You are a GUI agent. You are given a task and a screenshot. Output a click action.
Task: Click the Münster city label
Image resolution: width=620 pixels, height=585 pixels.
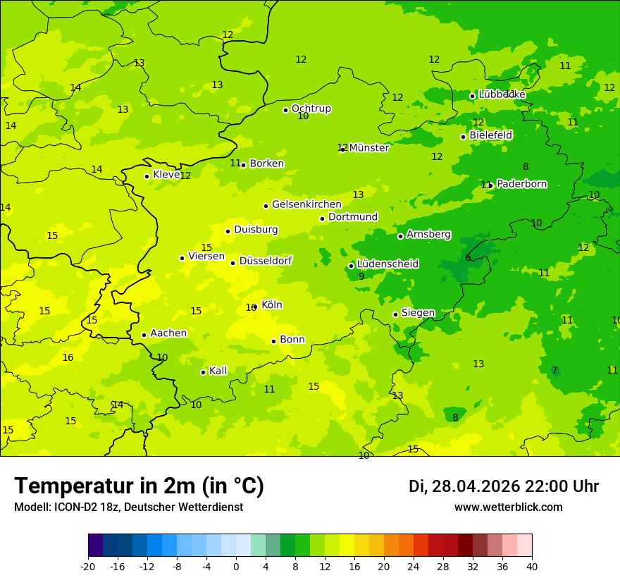tap(368, 148)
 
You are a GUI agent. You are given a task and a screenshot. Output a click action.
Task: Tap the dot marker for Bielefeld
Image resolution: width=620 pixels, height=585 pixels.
tap(463, 137)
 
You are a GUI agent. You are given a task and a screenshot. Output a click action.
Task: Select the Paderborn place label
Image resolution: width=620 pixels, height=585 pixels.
tap(521, 184)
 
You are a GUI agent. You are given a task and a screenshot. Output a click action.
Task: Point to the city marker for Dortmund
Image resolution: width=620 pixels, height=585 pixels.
tap(322, 218)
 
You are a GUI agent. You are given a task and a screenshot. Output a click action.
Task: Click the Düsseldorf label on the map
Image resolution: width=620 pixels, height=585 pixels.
tap(266, 261)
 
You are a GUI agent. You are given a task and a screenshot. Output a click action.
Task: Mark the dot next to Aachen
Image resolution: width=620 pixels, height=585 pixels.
tap(144, 335)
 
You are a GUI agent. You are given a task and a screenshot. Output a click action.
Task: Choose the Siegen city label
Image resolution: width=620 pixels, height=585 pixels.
tap(418, 313)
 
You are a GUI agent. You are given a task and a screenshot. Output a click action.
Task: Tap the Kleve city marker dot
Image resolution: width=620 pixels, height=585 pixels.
tap(147, 176)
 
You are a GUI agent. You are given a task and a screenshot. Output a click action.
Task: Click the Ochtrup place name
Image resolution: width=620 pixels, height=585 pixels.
tap(311, 109)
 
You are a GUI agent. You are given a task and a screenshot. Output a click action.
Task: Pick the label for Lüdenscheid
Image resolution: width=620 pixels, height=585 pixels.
tap(387, 264)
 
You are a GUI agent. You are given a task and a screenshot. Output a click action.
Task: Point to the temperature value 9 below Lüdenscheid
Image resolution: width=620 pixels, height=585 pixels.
tap(361, 277)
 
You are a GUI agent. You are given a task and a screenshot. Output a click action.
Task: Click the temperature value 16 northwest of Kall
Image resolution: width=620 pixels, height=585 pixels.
tap(68, 358)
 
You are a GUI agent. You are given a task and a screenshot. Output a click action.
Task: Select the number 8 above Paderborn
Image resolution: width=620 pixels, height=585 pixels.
tap(526, 167)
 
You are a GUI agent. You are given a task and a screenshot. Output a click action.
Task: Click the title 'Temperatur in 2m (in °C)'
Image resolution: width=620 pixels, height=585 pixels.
tap(139, 486)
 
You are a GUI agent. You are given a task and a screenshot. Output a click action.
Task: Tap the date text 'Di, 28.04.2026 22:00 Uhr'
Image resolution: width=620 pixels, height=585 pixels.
tap(504, 486)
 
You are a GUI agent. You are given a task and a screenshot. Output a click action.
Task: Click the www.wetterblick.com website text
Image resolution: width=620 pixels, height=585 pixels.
tap(508, 507)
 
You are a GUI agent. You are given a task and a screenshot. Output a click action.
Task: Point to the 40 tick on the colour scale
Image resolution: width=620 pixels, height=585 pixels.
tap(531, 567)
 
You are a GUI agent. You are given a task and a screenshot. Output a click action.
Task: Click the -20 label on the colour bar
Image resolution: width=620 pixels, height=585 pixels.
tap(87, 567)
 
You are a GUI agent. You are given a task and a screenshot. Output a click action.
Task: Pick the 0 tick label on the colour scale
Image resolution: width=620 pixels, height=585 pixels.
tap(236, 567)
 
